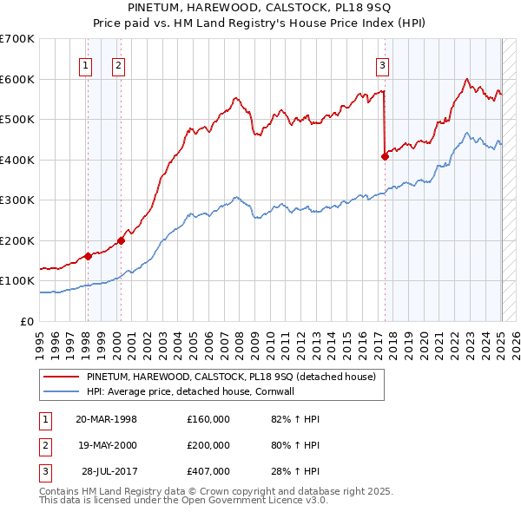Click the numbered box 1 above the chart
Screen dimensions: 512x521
point(86,63)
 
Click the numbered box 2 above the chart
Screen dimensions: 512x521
point(117,63)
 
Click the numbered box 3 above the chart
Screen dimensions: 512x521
point(382,63)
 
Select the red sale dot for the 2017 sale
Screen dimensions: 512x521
point(385,157)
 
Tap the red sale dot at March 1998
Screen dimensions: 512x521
point(88,256)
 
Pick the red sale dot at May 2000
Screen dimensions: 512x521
point(121,240)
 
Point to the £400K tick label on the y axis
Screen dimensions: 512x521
point(16,160)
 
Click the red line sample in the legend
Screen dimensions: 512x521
point(61,377)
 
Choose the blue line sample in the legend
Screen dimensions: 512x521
point(61,391)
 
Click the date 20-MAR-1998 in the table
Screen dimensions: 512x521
point(106,418)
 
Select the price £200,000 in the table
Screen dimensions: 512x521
point(208,445)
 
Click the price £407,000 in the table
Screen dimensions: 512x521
point(208,472)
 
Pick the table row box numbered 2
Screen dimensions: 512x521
point(44,445)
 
